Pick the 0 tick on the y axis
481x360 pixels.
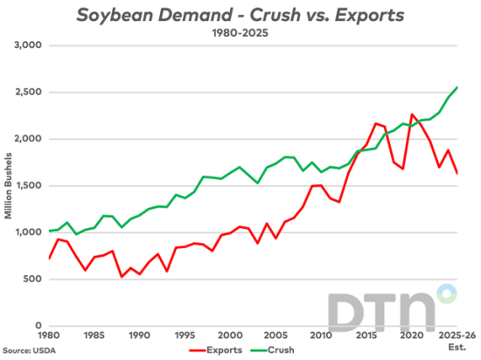click(x=38, y=325)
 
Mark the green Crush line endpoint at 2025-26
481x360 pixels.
click(x=456, y=87)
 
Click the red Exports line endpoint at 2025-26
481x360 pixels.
click(x=456, y=173)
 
